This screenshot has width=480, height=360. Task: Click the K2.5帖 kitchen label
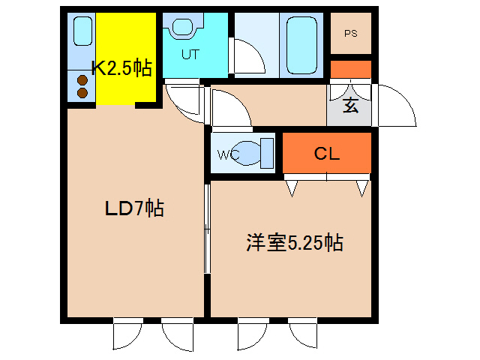(x=121, y=68)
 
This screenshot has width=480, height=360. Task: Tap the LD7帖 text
(x=133, y=208)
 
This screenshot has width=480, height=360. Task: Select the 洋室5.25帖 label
(x=295, y=243)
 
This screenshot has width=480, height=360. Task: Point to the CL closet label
(x=327, y=154)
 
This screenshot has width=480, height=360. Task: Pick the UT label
(x=190, y=54)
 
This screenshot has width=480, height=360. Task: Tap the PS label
(x=350, y=33)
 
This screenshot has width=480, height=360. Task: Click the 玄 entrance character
(x=349, y=105)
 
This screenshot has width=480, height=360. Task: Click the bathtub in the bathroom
(x=302, y=44)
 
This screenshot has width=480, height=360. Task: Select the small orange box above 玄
(x=350, y=69)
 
